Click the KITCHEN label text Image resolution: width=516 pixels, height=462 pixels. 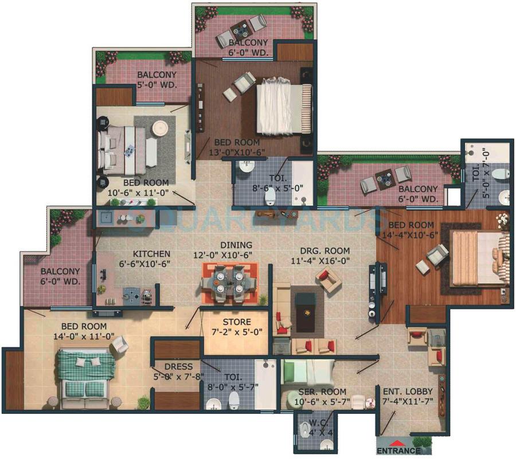click(151, 253)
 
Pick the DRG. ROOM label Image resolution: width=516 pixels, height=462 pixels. click(325, 251)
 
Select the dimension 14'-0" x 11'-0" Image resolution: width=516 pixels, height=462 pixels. click(83, 337)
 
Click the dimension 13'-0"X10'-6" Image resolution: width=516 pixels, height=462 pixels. click(236, 152)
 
